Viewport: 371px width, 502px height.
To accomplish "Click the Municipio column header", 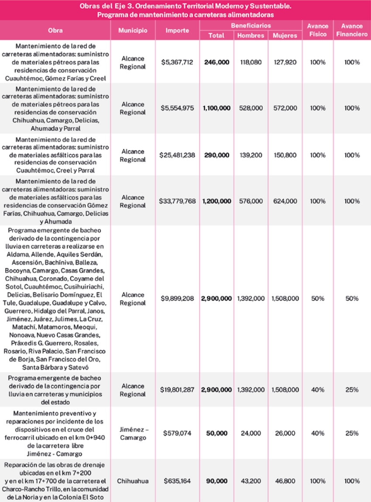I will [x=133, y=31].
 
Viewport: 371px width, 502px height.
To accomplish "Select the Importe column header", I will [x=177, y=31].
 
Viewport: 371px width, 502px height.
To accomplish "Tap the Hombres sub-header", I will [x=251, y=35].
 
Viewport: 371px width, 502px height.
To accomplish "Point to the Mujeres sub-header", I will [x=285, y=35].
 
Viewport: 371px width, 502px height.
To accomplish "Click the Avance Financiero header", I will [x=352, y=30].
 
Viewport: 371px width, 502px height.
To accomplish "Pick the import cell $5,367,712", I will [x=177, y=62].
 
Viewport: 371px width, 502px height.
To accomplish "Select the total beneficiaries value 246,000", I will [x=216, y=62].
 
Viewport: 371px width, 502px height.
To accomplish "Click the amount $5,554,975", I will [x=177, y=108].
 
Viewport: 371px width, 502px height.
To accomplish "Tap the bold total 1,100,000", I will [x=216, y=108].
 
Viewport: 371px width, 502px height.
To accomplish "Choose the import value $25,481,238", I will [x=177, y=155].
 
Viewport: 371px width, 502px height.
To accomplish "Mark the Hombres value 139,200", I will [x=251, y=155].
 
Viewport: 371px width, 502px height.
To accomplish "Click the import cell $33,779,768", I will [x=177, y=201].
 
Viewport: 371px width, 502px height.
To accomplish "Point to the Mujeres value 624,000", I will [x=285, y=201].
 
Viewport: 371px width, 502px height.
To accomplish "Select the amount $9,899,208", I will [x=177, y=299].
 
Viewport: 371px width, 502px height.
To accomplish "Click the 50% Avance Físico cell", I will [x=318, y=299].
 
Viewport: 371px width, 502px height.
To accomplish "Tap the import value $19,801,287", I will [x=177, y=390].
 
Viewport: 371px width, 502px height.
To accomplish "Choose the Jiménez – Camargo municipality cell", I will [x=133, y=433].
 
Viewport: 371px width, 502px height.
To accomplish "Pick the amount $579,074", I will [x=177, y=433].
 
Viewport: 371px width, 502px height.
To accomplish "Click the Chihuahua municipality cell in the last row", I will [x=133, y=481].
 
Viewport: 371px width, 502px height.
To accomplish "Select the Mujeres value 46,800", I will [x=285, y=481].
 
